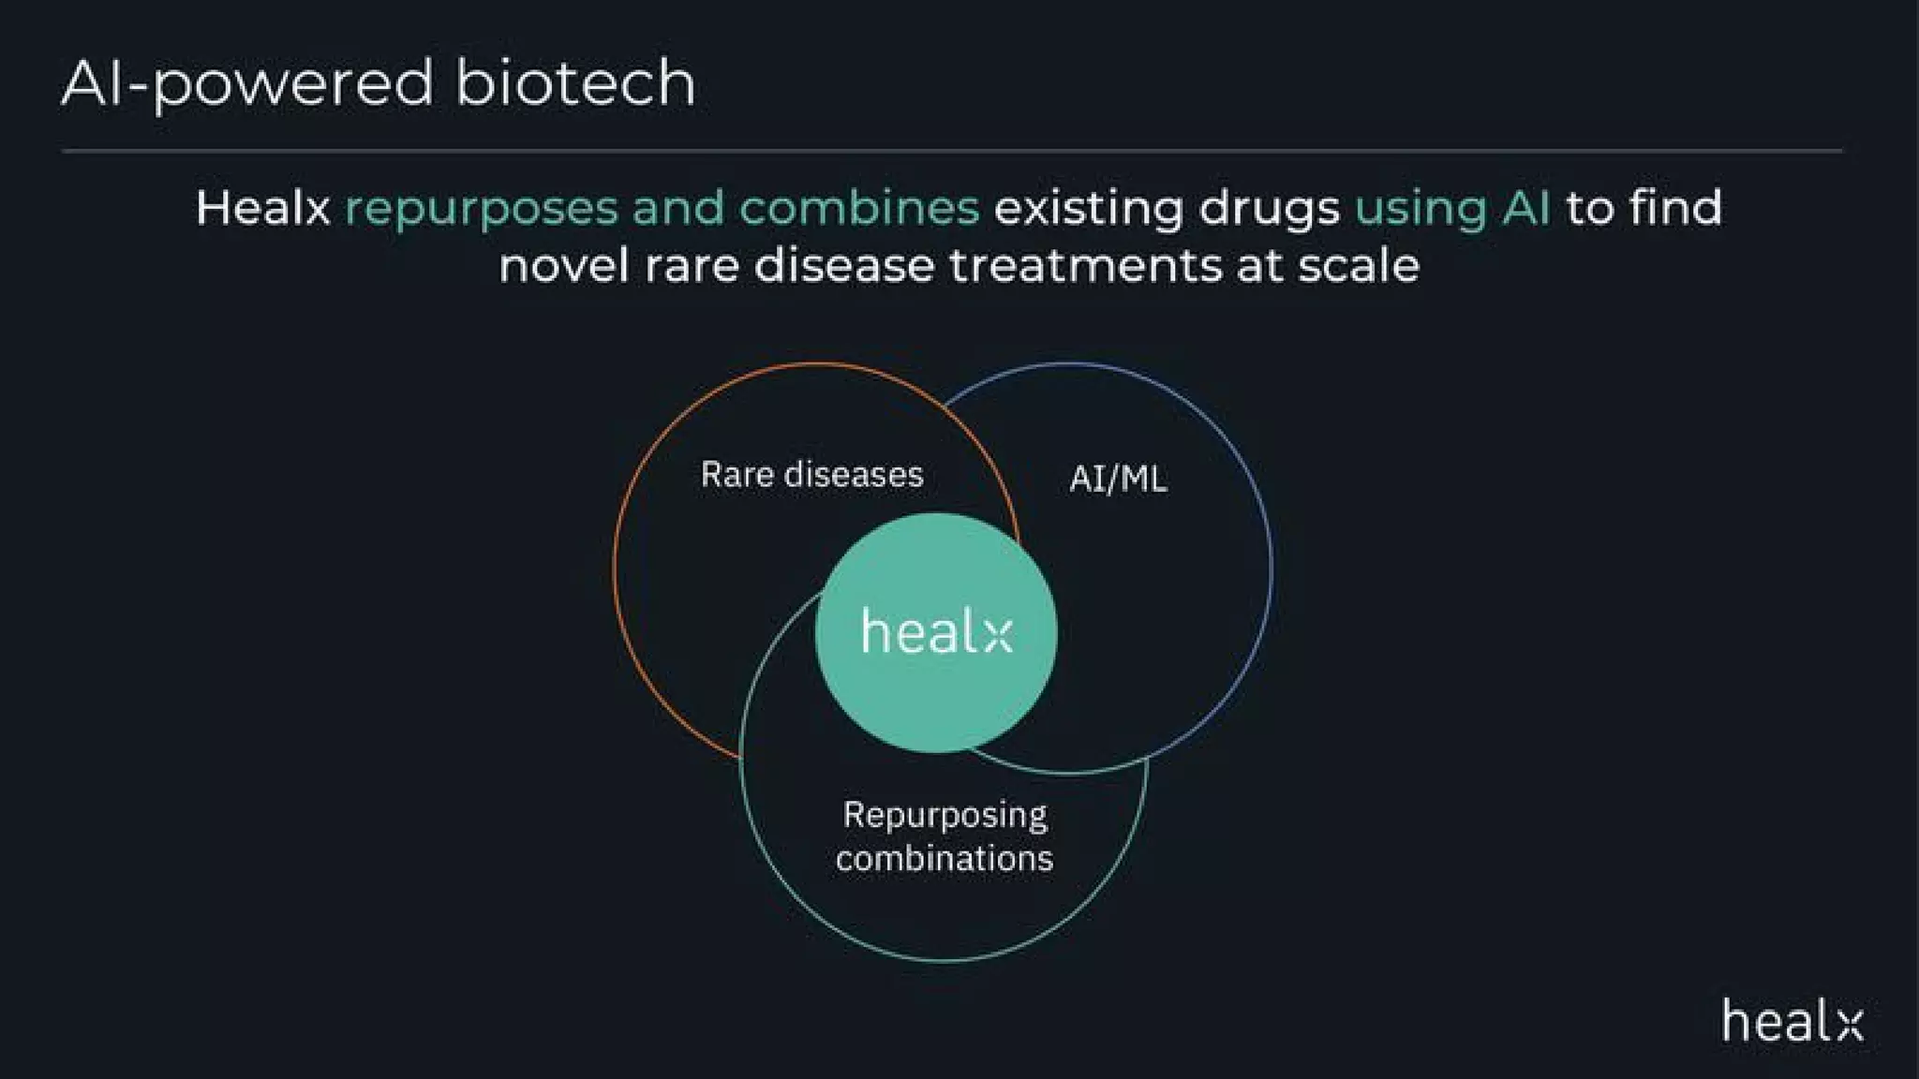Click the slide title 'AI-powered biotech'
click(378, 83)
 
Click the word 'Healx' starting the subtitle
click(262, 208)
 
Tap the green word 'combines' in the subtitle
click(858, 208)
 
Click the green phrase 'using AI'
click(1452, 209)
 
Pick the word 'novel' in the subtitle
click(563, 266)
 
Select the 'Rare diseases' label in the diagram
click(811, 475)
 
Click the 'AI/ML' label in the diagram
click(1118, 480)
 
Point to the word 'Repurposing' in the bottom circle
click(945, 816)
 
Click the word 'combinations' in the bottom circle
click(945, 859)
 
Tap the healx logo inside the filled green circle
click(936, 632)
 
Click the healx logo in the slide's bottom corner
click(1792, 1021)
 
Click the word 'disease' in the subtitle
click(843, 266)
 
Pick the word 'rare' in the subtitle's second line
click(692, 267)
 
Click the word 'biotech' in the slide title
click(575, 83)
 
